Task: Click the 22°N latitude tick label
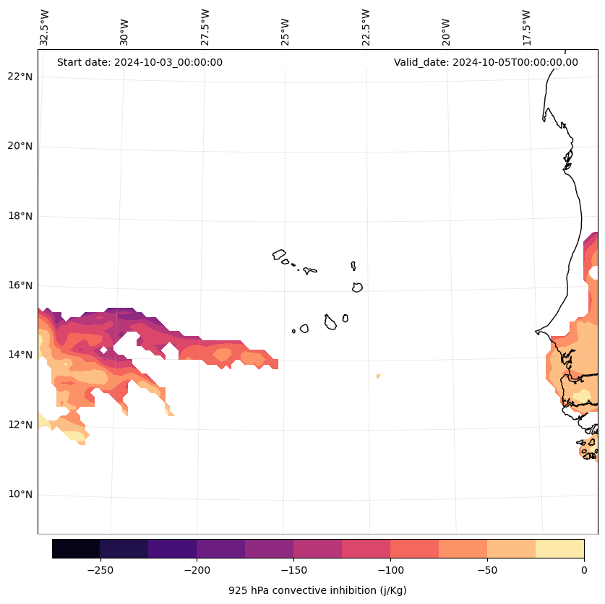(18, 77)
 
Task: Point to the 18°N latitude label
(18, 216)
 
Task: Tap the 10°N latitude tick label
(18, 495)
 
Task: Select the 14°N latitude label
(18, 355)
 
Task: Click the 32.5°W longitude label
(45, 27)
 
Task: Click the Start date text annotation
(140, 62)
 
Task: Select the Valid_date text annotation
(486, 62)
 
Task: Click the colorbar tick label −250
(100, 570)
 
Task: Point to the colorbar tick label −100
(390, 570)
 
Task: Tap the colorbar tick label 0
(583, 570)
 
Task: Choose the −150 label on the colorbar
(293, 570)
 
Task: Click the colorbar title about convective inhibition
(317, 590)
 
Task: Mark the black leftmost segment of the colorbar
(76, 548)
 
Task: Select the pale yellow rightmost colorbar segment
(559, 548)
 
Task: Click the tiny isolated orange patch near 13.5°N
(378, 376)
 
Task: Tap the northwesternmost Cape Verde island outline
(279, 254)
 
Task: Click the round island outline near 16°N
(357, 287)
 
